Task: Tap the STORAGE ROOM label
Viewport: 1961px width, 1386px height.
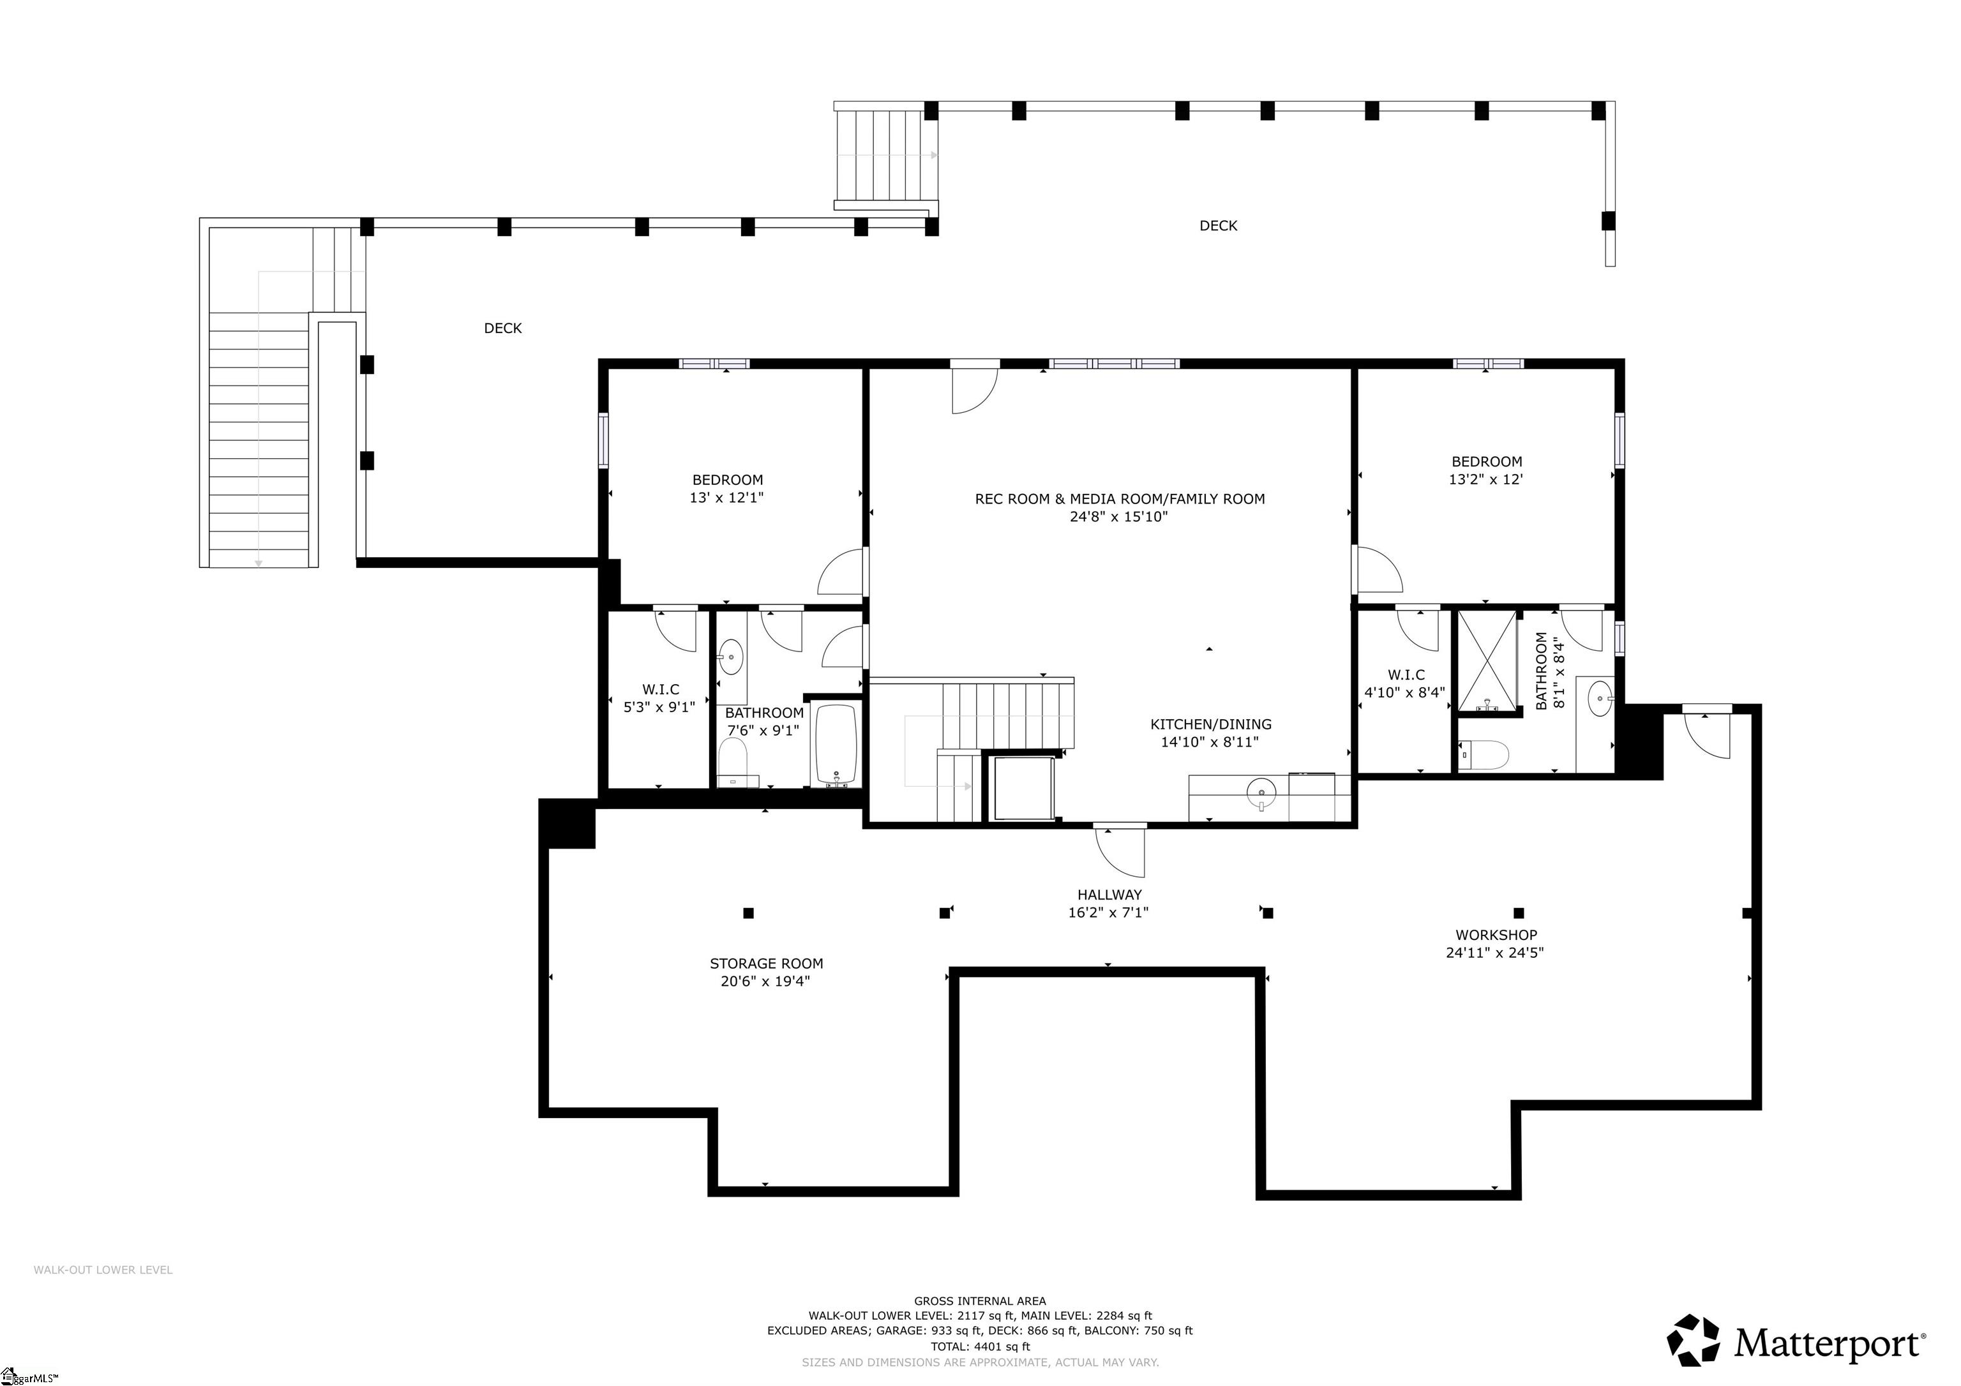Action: click(x=766, y=964)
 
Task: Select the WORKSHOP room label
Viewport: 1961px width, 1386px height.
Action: click(x=1496, y=935)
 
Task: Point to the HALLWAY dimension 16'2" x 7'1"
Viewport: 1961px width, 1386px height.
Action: click(x=1109, y=912)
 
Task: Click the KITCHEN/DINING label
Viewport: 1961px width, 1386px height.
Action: click(x=1210, y=724)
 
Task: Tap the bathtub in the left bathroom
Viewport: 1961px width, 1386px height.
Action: click(x=836, y=743)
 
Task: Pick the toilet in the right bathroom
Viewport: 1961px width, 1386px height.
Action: click(x=1483, y=755)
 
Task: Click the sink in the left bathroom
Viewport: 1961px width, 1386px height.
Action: click(x=731, y=657)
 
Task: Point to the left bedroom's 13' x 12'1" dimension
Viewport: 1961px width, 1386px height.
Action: click(x=727, y=497)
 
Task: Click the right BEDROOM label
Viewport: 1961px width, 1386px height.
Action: click(x=1486, y=461)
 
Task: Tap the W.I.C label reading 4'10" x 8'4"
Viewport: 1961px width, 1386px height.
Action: click(x=1405, y=692)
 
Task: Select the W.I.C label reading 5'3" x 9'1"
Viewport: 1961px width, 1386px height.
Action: click(x=659, y=706)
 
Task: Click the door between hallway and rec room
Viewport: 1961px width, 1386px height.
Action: click(x=1120, y=850)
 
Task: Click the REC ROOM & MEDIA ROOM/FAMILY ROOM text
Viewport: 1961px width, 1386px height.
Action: click(x=1119, y=499)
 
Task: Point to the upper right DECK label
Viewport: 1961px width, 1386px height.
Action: click(x=1218, y=225)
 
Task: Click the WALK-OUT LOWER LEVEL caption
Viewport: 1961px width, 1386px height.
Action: click(x=103, y=1270)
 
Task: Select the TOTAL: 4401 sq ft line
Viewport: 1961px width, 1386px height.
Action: click(x=980, y=1346)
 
